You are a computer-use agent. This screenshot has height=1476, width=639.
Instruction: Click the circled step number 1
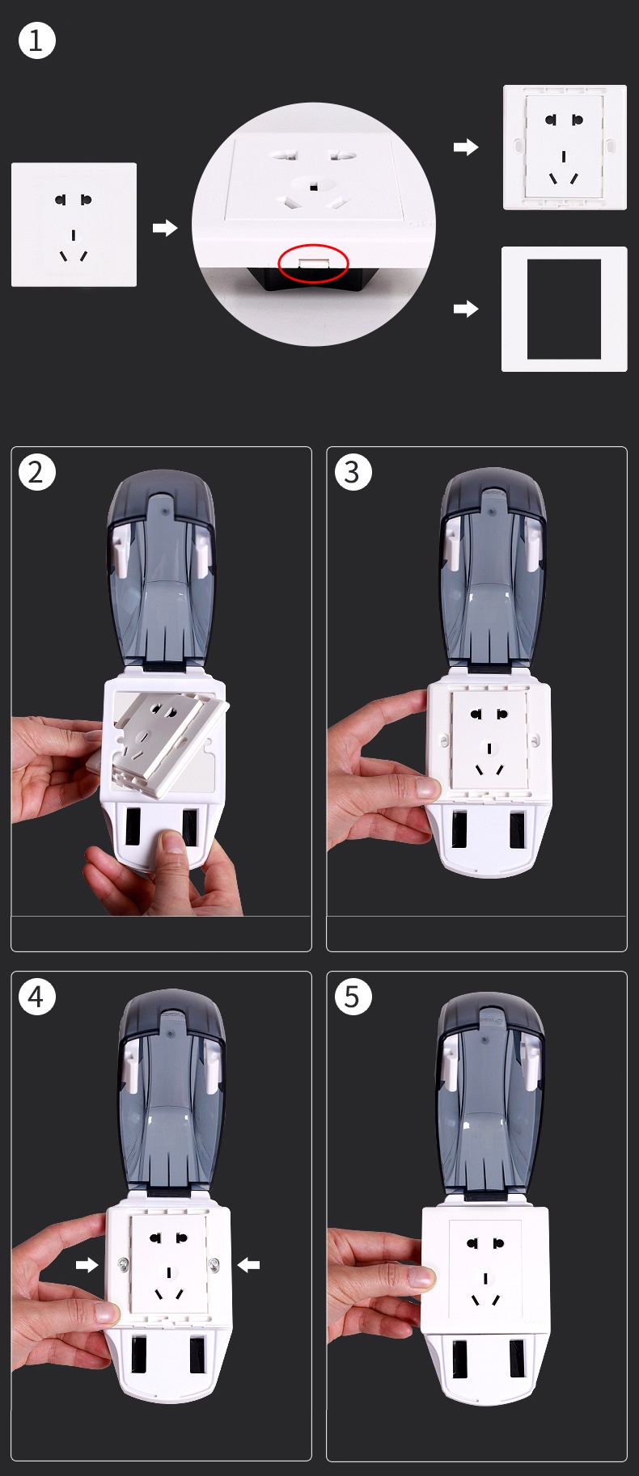point(36,40)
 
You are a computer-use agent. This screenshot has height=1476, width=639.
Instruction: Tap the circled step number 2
point(36,472)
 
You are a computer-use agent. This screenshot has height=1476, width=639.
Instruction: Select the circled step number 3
point(353,472)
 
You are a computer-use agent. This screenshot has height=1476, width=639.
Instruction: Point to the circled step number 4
point(36,997)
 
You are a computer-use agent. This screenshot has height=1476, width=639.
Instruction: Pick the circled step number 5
point(353,997)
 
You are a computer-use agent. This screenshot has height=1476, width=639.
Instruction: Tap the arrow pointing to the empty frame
point(466,309)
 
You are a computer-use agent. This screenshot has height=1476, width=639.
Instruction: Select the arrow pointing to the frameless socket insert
point(466,147)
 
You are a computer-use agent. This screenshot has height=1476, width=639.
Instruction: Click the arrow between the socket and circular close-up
point(165,228)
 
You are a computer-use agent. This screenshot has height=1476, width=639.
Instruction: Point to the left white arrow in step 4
point(87,1264)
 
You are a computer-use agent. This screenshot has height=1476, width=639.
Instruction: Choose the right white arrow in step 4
point(248,1264)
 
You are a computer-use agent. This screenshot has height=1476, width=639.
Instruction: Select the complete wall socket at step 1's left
point(74,225)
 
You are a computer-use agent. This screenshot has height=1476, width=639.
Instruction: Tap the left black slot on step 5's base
point(459,1359)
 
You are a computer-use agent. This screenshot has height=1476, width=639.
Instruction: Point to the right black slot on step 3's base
point(517,830)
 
